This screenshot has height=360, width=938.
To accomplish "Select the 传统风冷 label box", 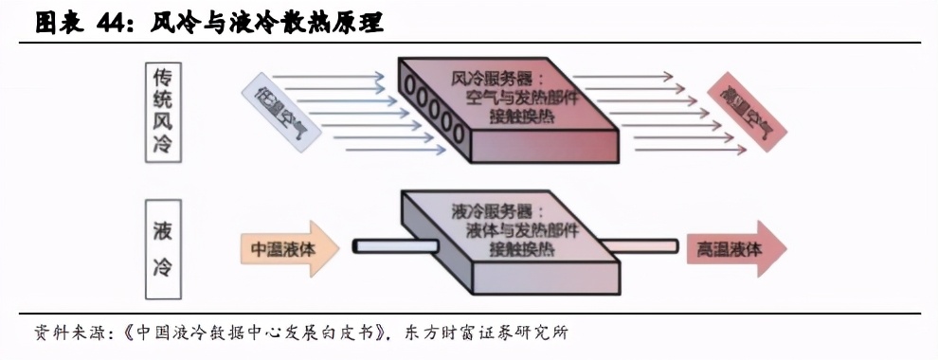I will [163, 112].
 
